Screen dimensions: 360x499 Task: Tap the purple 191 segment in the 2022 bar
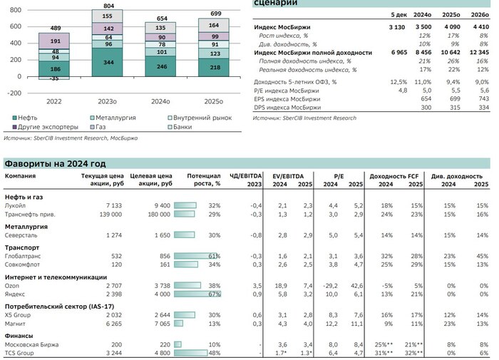54,42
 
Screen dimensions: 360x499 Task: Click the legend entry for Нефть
26,116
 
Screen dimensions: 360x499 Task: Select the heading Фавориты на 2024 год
55,163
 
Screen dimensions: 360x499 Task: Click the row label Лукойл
17,205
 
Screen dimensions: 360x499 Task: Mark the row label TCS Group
21,352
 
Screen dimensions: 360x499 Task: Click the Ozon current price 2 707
103,284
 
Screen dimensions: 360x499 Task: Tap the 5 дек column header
398,14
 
